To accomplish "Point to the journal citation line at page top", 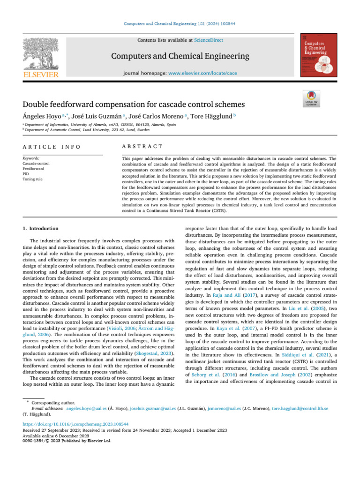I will click(x=180, y=23).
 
